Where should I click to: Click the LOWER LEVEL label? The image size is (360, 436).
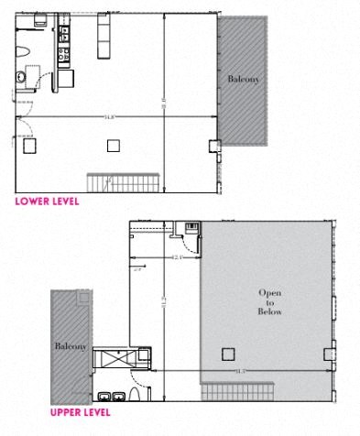47,199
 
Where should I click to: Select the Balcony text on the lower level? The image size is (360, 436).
243,81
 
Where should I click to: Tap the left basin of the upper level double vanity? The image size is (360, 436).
105,396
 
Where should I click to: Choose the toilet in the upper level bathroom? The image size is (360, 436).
136,395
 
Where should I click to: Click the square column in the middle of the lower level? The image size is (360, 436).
113,144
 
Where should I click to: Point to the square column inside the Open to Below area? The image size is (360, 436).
228,354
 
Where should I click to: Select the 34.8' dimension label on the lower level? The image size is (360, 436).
109,117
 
